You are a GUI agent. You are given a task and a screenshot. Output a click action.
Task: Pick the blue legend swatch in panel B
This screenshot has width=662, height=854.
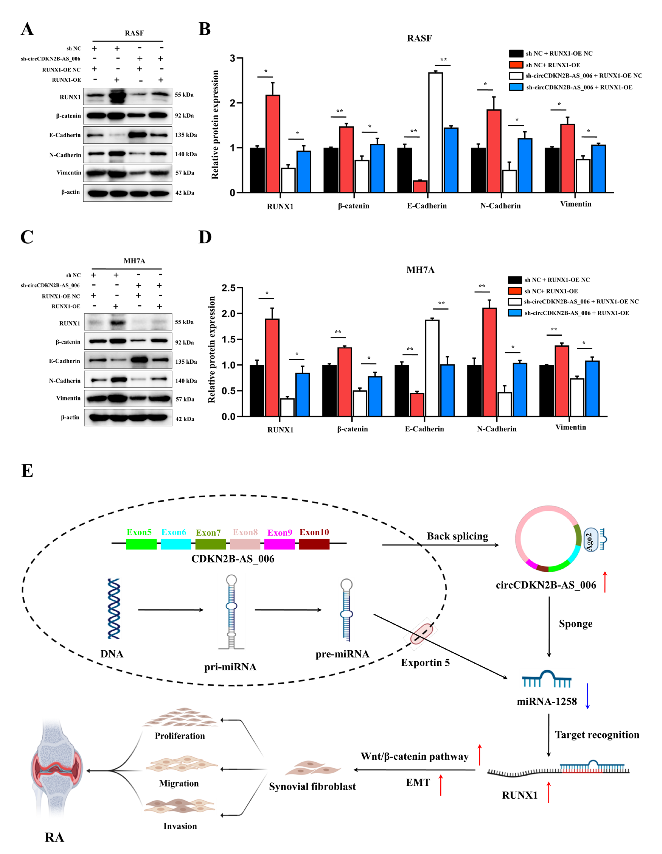point(516,87)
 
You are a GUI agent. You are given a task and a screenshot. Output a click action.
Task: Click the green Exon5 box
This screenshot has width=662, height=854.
point(141,544)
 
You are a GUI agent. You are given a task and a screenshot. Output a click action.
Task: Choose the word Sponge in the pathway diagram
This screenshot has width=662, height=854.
point(575,624)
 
